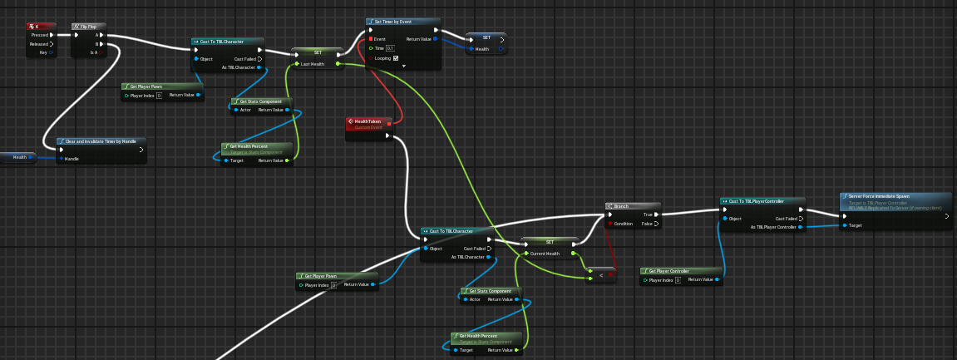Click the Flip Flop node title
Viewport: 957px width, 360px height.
tap(87, 27)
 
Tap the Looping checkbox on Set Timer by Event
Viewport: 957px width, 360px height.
tap(396, 58)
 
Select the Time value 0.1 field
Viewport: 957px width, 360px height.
tap(390, 48)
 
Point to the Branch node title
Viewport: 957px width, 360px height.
tap(628, 205)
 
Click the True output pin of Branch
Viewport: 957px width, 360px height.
tap(657, 214)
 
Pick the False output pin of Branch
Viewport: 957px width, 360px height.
tap(657, 224)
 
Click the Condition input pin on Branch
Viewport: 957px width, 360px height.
tap(609, 224)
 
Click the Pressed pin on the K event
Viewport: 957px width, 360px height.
tap(52, 35)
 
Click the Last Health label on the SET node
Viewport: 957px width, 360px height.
tap(313, 63)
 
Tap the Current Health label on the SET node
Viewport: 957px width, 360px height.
tap(545, 253)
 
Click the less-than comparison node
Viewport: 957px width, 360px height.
tap(601, 274)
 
